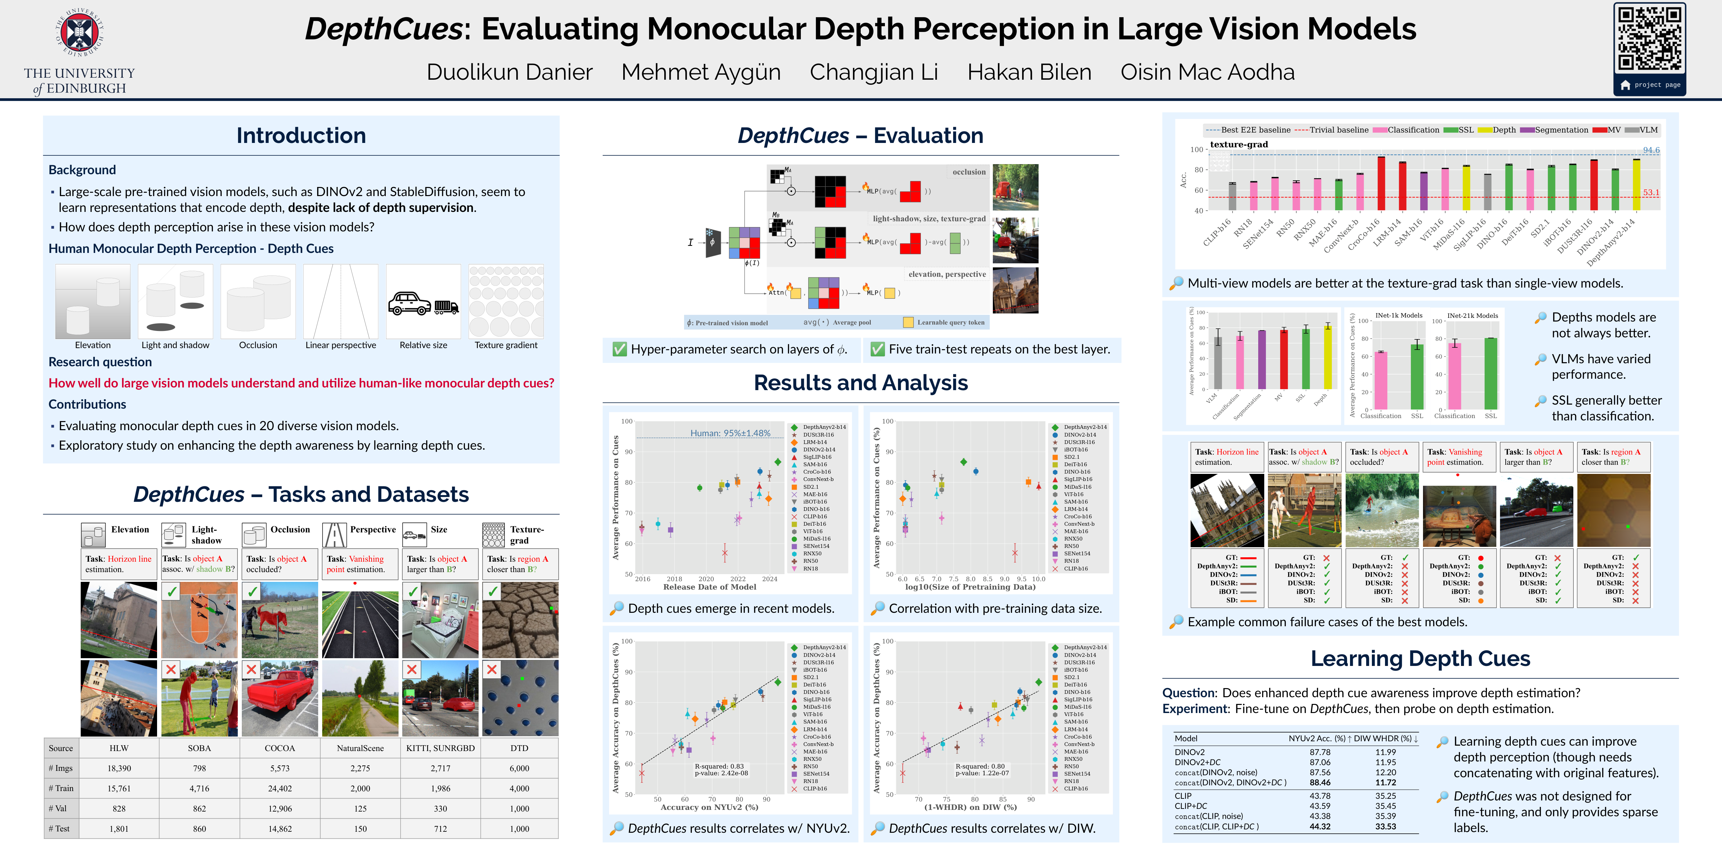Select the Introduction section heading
tap(301, 136)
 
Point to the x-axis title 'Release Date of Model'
tap(709, 587)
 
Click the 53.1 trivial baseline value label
tap(1650, 192)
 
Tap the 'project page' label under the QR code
tap(1656, 85)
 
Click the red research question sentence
tap(301, 383)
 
